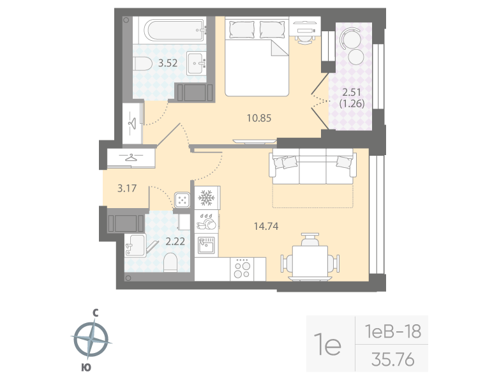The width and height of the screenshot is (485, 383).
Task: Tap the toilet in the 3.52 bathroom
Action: click(x=142, y=63)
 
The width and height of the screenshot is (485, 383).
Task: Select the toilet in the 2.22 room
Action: click(x=171, y=262)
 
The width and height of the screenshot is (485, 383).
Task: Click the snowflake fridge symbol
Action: click(x=206, y=199)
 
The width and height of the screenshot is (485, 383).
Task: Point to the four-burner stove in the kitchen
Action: click(x=241, y=268)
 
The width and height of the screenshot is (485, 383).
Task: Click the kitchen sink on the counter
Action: click(x=207, y=244)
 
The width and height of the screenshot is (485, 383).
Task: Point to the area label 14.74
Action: click(x=265, y=225)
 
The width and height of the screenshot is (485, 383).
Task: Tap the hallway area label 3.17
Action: click(x=126, y=188)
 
